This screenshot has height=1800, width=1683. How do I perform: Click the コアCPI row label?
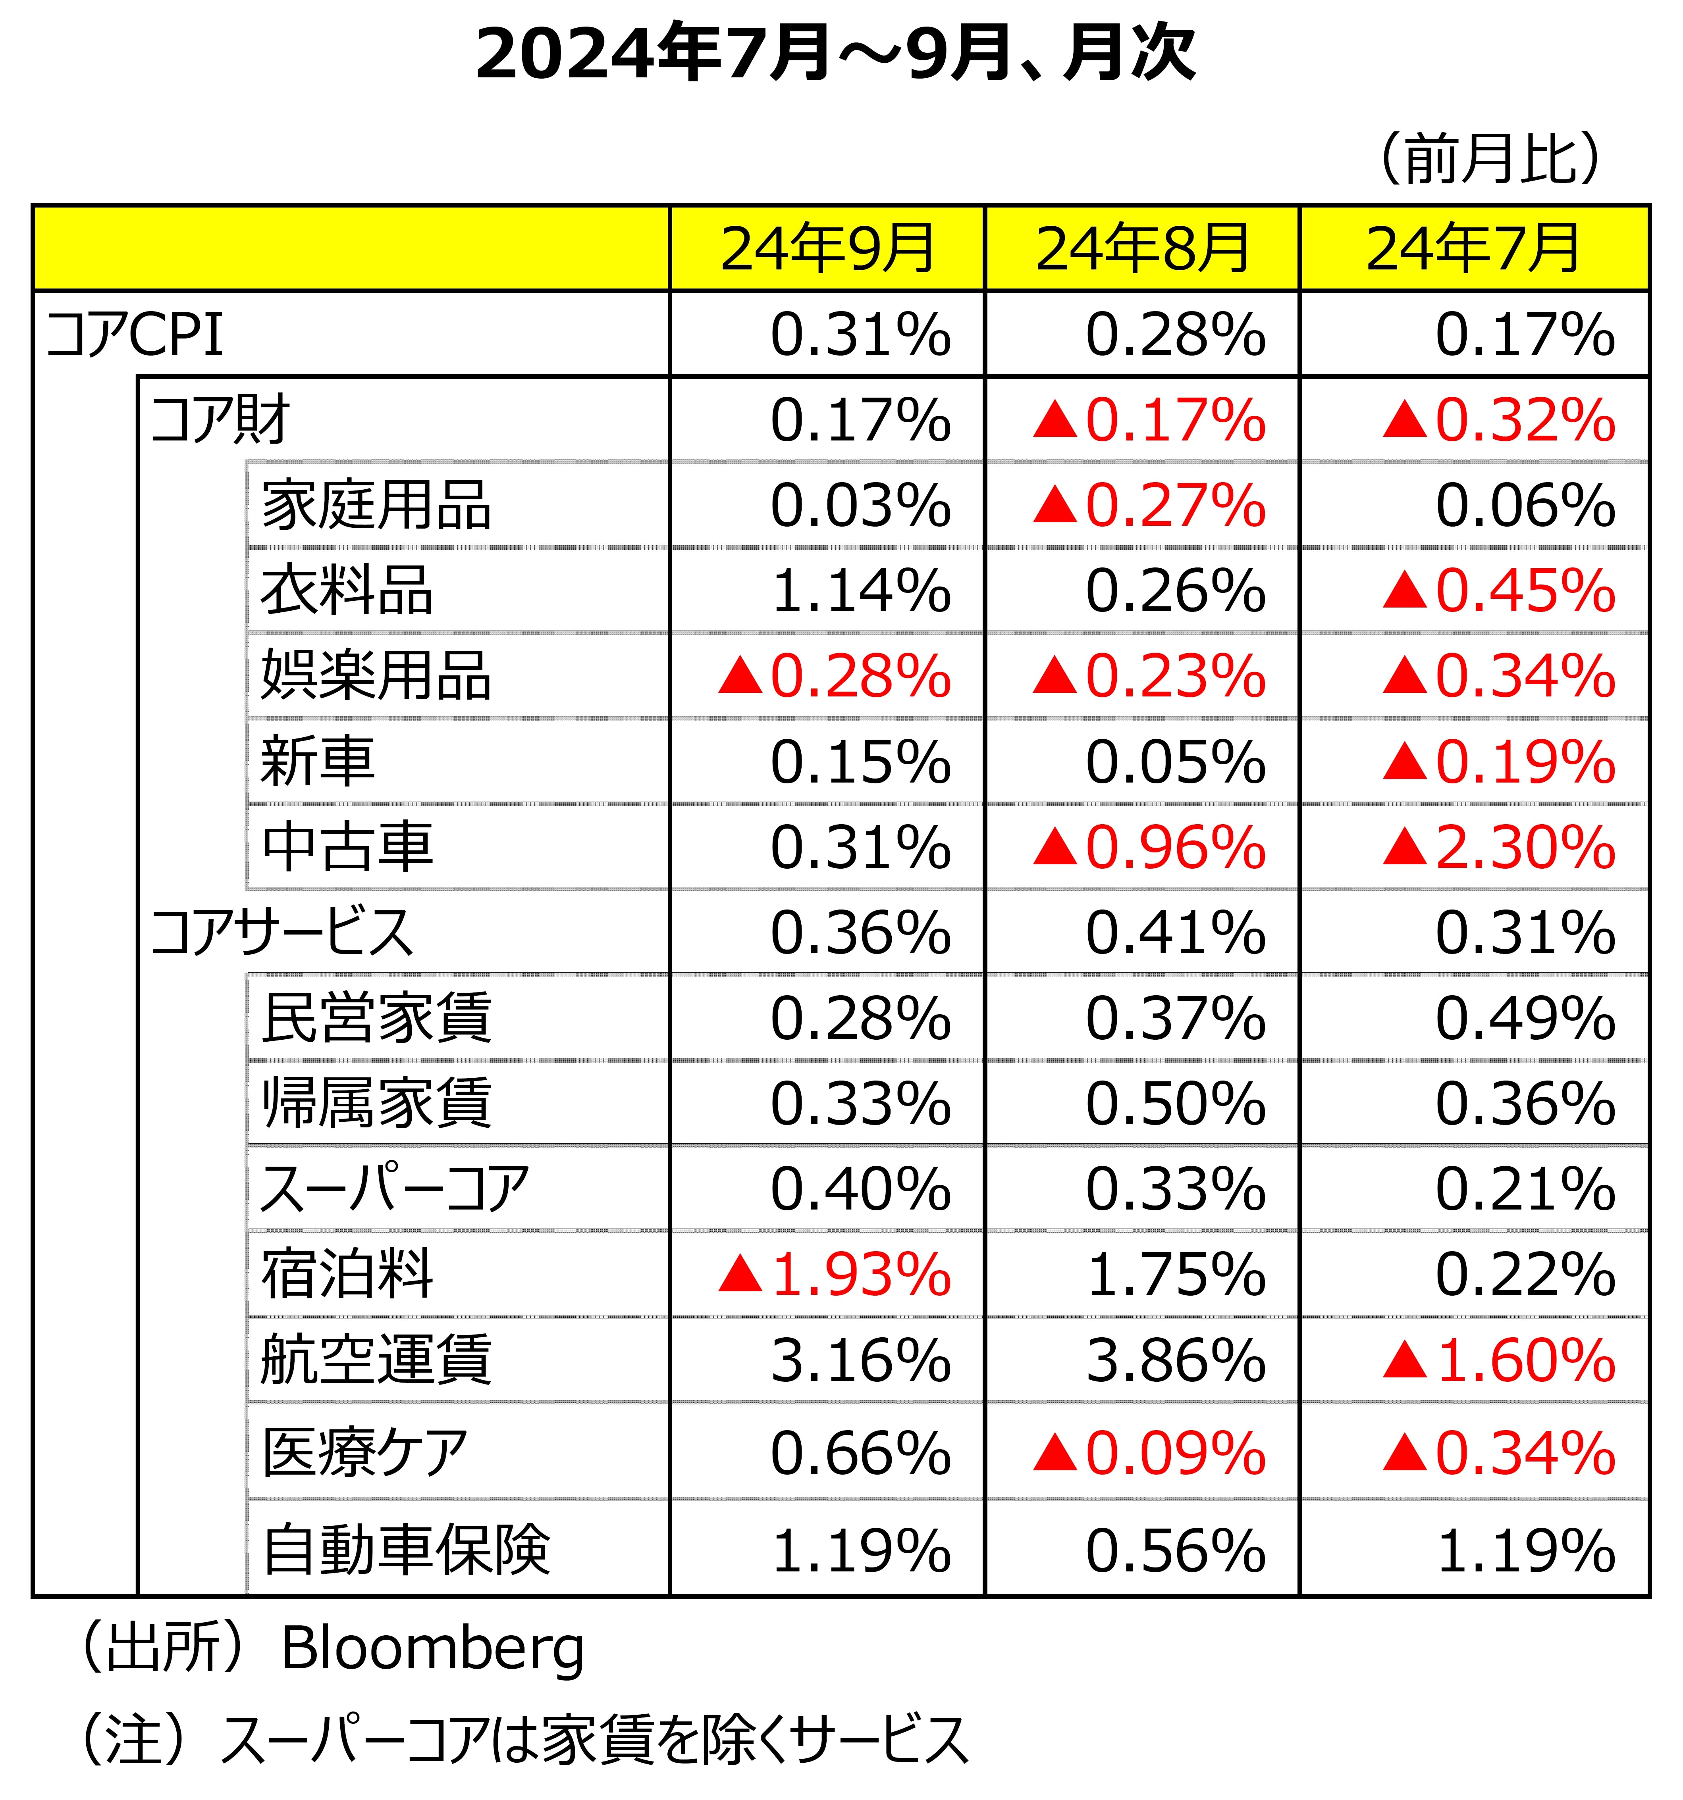click(134, 334)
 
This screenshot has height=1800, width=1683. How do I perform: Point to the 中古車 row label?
click(347, 846)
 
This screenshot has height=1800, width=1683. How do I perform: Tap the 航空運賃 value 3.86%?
click(1175, 1360)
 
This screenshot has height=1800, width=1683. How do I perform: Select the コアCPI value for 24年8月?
click(1175, 334)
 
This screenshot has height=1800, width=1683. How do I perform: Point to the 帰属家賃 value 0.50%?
click(1175, 1104)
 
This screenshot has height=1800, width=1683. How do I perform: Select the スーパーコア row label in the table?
click(394, 1189)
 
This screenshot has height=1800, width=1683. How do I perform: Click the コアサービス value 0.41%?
click(1175, 933)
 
